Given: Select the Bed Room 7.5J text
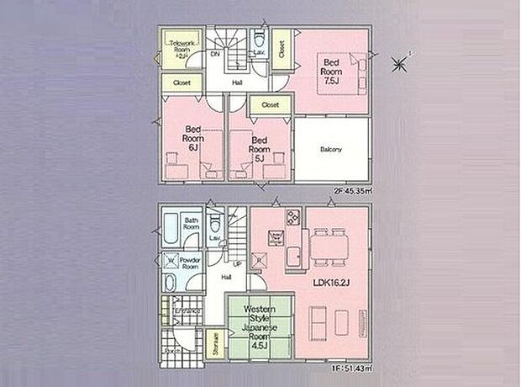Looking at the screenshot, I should pyautogui.click(x=331, y=72).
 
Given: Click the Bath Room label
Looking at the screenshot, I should pyautogui.click(x=191, y=225).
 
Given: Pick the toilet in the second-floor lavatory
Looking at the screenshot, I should pyautogui.click(x=259, y=42).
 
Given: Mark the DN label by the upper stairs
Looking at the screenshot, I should pyautogui.click(x=215, y=55).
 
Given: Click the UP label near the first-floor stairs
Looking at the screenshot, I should pyautogui.click(x=237, y=266).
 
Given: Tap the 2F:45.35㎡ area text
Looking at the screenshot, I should pyautogui.click(x=352, y=191).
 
